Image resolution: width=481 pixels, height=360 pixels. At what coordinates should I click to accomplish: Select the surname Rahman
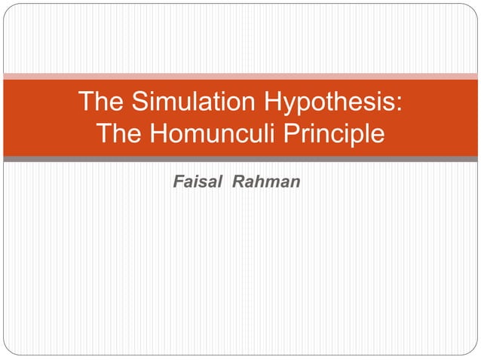tap(268, 182)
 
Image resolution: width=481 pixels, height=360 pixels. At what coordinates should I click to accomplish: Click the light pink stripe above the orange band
tap(240, 76)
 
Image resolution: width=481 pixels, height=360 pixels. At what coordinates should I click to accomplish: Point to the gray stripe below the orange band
tap(240, 159)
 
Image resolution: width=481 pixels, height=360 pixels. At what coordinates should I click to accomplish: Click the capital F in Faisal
tap(178, 182)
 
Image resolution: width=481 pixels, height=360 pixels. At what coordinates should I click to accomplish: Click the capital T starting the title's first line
tap(85, 101)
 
